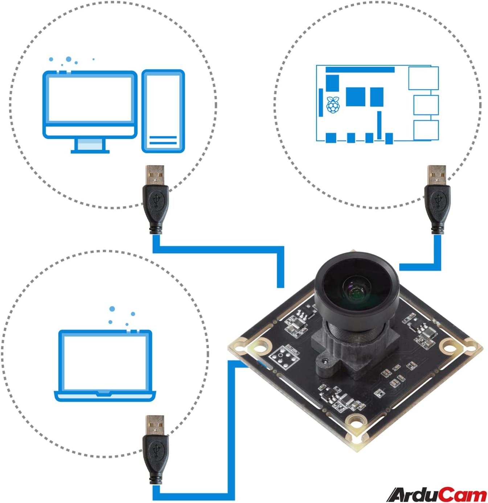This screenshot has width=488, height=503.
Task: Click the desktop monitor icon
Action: point(90,105)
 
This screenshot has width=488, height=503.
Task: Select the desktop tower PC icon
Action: point(163,111)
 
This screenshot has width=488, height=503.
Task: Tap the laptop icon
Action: point(105,365)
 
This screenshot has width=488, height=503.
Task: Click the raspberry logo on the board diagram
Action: point(333,105)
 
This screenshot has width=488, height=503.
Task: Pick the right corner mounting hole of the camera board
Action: point(450,347)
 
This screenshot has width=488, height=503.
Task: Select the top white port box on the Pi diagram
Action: point(423,78)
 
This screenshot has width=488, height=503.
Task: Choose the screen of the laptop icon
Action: point(105,361)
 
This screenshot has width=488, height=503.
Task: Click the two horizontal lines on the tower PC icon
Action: point(163,140)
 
